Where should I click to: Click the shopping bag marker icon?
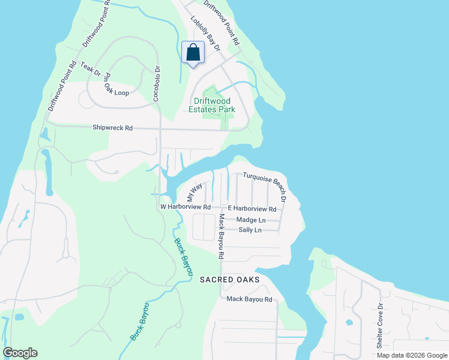tap(193, 52)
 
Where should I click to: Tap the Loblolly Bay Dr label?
tap(205, 33)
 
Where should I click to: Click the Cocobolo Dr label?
tap(156, 83)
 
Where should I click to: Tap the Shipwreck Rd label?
tap(112, 128)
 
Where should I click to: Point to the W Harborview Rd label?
tap(185, 207)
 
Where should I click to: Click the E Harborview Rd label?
tap(252, 209)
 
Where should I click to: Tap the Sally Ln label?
tap(250, 230)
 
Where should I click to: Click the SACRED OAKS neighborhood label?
tap(229, 280)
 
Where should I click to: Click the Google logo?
tap(20, 353)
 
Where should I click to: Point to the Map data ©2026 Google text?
tap(412, 355)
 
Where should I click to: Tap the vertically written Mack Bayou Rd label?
tap(221, 236)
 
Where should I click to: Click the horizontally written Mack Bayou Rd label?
tap(249, 299)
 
